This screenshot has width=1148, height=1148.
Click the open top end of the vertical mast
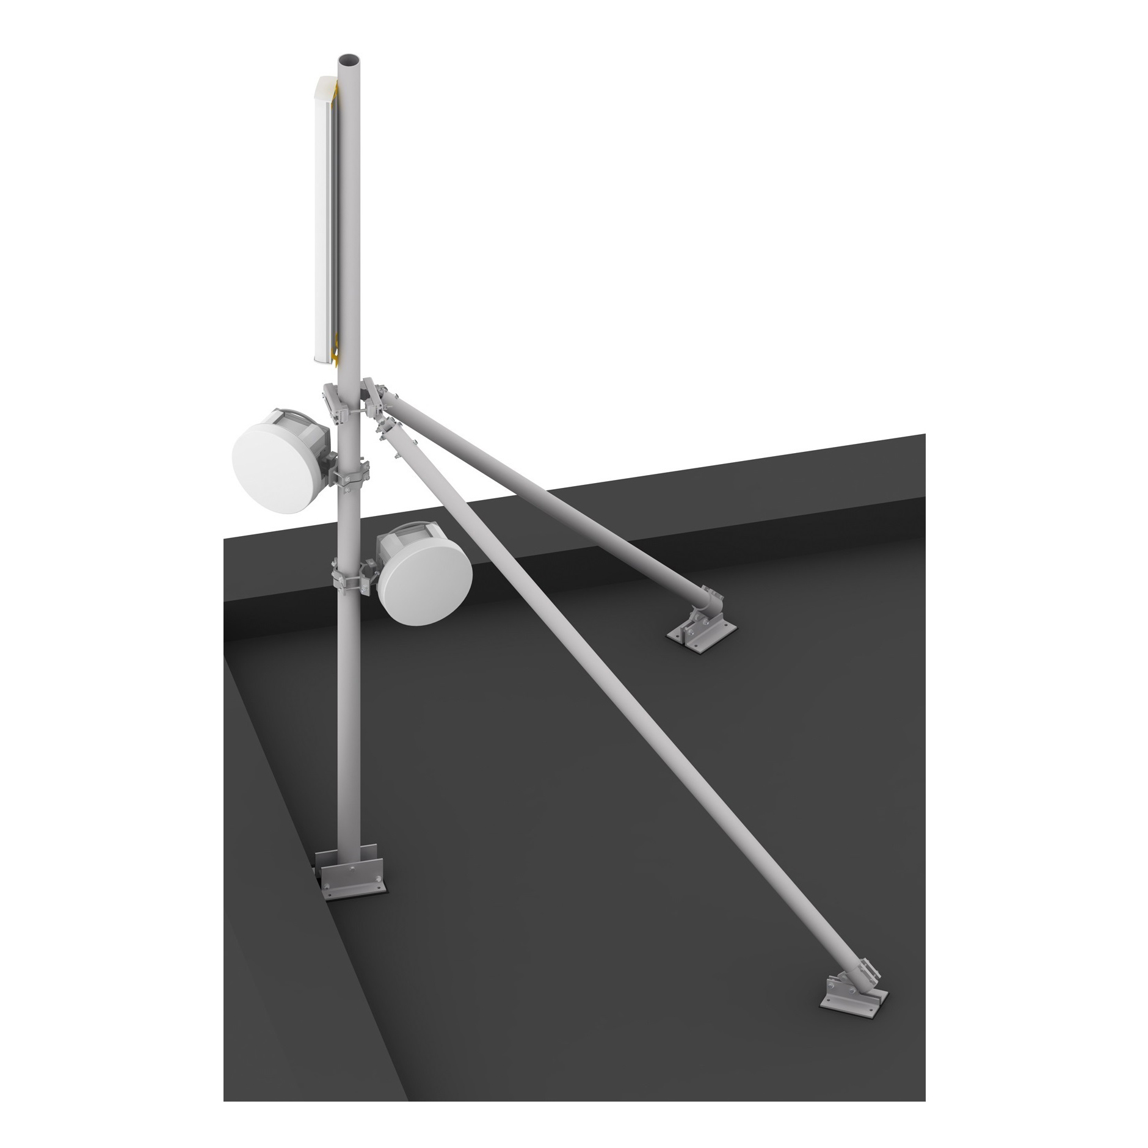[x=349, y=60]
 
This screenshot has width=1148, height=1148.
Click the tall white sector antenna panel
[x=323, y=220]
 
